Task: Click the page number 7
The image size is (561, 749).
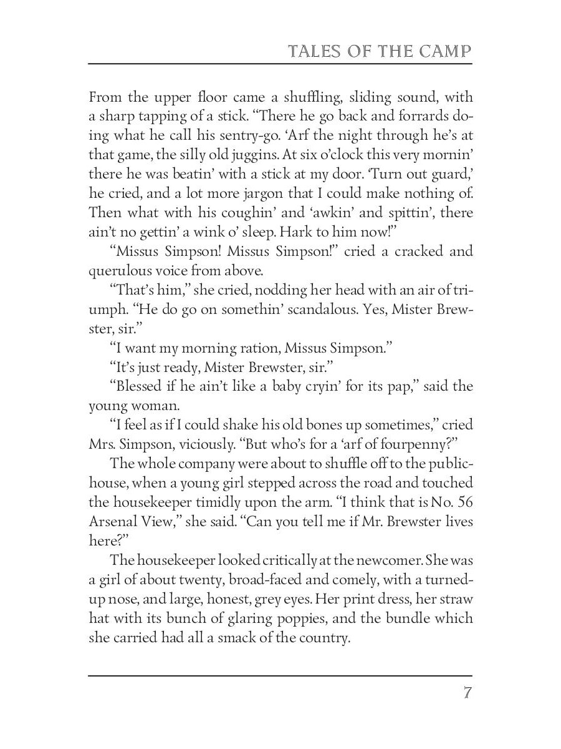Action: click(467, 693)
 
